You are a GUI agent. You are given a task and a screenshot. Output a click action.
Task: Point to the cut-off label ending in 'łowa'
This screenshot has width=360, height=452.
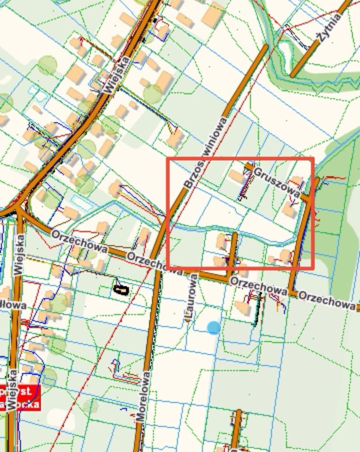pyautogui.click(x=12, y=306)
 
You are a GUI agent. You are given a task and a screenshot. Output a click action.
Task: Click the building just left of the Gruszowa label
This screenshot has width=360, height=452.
pyautogui.click(x=237, y=177)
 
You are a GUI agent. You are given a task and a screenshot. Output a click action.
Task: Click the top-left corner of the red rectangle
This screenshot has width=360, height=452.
pyautogui.click(x=168, y=159)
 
